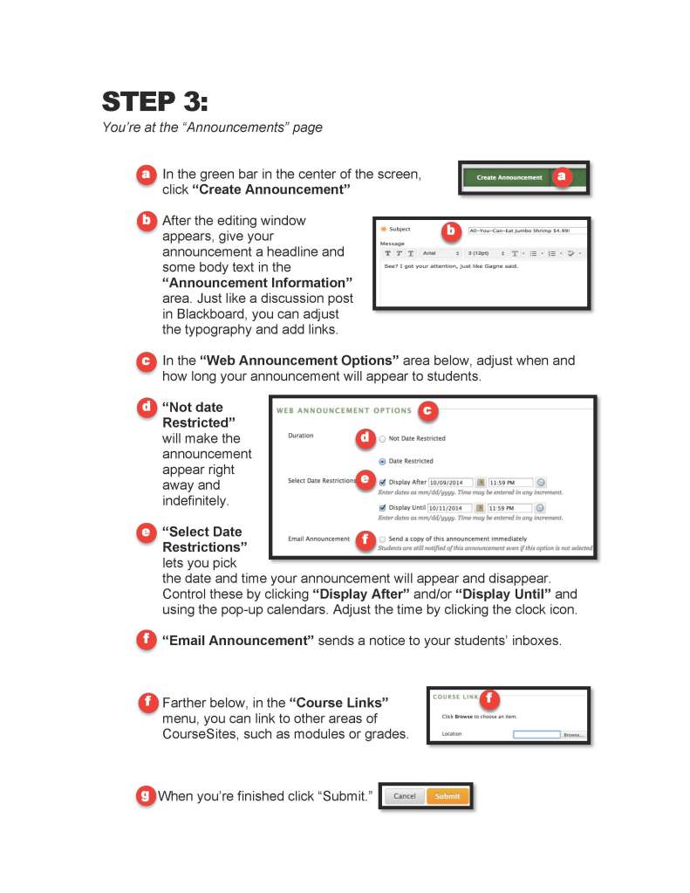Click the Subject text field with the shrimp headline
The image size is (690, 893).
click(x=526, y=230)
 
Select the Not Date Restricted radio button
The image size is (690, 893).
click(x=382, y=438)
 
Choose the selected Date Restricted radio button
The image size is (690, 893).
click(x=382, y=461)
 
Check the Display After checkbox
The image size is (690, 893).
click(x=382, y=482)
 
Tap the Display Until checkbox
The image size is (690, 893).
click(x=382, y=507)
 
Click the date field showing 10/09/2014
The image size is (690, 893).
click(x=449, y=482)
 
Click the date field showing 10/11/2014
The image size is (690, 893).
click(x=449, y=507)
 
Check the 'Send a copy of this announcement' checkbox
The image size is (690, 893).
click(x=382, y=539)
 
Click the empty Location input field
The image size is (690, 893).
click(x=536, y=734)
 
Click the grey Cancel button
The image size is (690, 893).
click(x=405, y=796)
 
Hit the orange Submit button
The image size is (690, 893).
click(x=447, y=796)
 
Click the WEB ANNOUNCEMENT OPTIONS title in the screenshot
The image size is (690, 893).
click(x=344, y=410)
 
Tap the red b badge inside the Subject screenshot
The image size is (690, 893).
click(x=450, y=231)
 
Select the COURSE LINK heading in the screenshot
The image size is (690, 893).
click(x=455, y=697)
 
